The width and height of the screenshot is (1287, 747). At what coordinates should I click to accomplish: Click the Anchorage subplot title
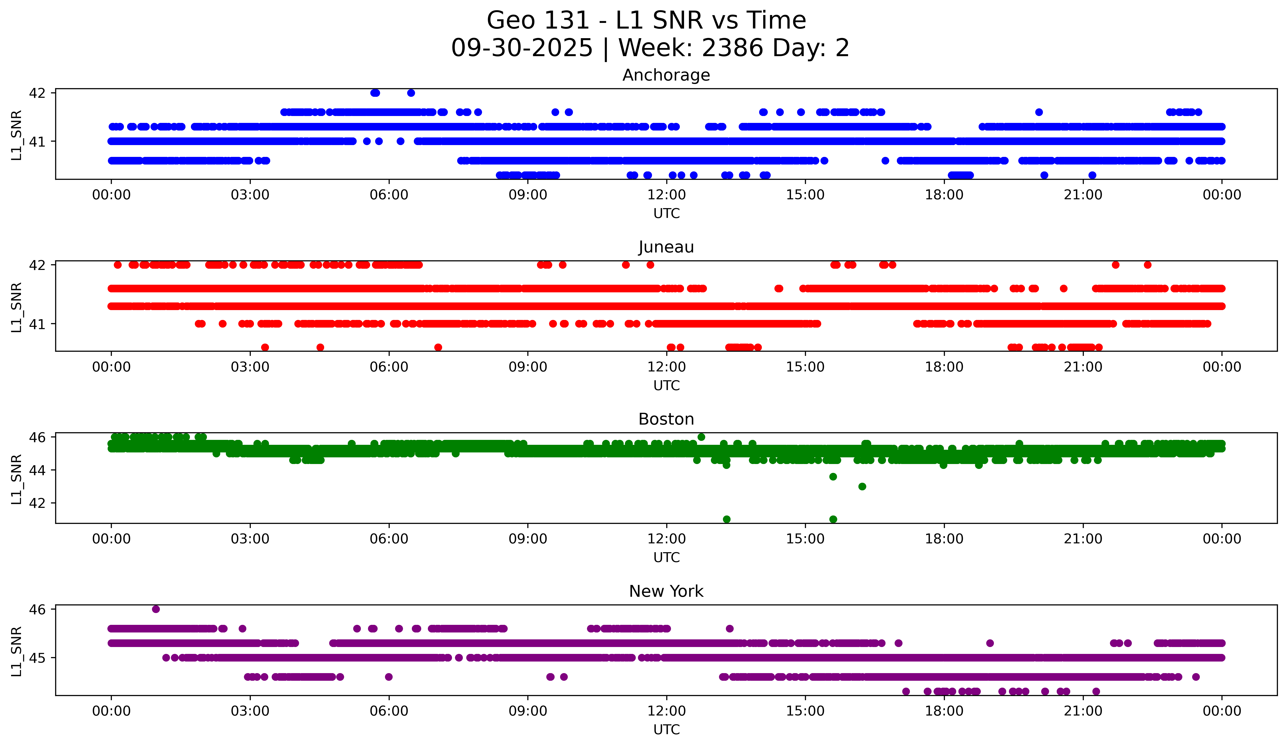point(666,75)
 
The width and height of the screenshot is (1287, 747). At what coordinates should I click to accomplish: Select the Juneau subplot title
point(666,247)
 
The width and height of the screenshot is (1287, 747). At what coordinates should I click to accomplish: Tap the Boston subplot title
point(666,419)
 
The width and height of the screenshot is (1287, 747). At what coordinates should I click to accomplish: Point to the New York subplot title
point(666,591)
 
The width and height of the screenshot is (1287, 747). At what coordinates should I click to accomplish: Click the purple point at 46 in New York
point(156,609)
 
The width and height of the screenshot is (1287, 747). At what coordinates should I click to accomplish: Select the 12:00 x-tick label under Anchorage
point(667,195)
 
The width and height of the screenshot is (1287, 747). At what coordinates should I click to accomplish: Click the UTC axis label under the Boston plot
point(667,558)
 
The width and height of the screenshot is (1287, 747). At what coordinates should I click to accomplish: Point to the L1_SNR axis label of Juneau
point(16,307)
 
